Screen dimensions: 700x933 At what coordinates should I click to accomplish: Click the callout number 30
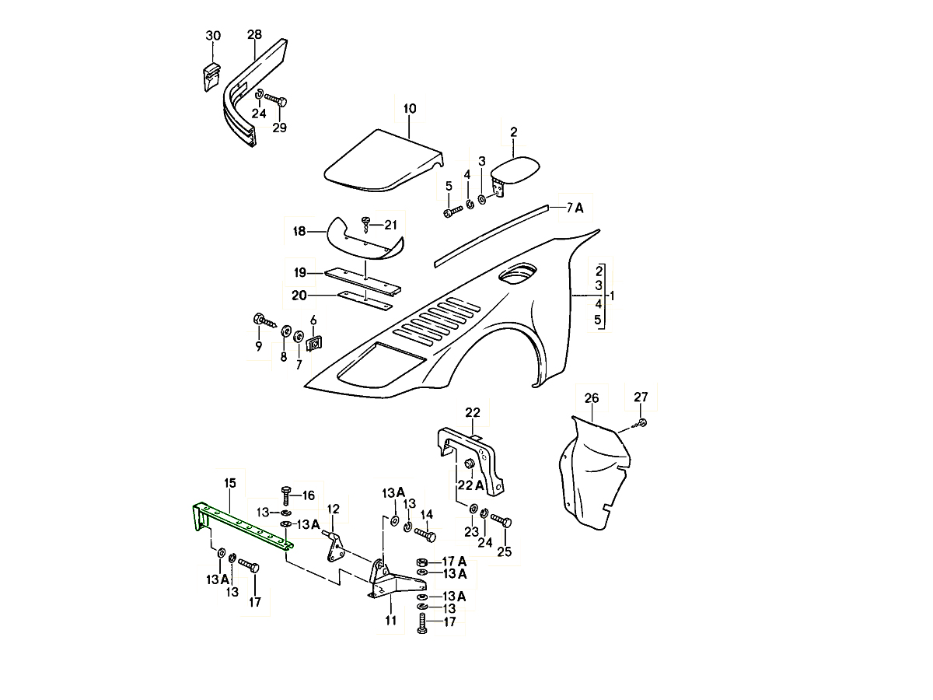[x=213, y=36]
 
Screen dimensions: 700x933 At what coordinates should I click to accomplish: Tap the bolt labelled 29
[x=276, y=100]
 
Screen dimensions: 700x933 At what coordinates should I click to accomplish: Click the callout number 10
[x=410, y=108]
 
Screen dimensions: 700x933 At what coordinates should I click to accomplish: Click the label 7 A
[x=575, y=207]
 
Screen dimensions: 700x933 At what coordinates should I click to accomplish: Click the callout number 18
[x=299, y=231]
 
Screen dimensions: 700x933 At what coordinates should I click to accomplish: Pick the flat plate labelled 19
[x=362, y=278]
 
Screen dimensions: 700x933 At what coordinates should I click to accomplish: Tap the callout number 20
[x=299, y=296]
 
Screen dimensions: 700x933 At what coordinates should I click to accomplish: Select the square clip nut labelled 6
[x=315, y=342]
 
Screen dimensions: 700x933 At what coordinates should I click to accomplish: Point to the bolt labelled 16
[x=285, y=493]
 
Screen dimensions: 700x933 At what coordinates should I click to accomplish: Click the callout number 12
[x=333, y=509]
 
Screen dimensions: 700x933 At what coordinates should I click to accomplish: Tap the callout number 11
[x=390, y=620]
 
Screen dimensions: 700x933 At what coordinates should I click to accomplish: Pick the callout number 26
[x=592, y=398]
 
